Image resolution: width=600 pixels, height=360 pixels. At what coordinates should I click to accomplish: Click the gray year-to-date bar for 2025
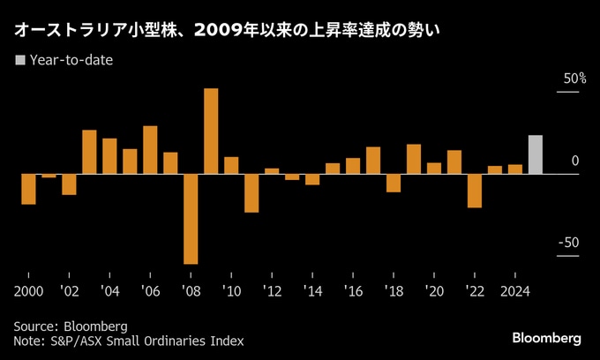pos(535,154)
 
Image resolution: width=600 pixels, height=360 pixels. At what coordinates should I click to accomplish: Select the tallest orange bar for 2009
pos(211,131)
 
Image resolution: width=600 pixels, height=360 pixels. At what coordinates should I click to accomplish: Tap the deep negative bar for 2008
pos(191,218)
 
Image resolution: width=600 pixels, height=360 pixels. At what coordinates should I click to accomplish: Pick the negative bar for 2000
pos(28,189)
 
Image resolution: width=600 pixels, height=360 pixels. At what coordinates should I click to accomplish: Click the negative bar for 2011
pos(251,192)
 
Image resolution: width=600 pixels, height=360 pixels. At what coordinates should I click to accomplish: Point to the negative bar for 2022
pos(475,191)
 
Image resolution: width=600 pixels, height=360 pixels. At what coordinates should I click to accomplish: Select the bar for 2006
pos(150,150)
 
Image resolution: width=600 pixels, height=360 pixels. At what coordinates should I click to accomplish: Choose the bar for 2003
pos(89,152)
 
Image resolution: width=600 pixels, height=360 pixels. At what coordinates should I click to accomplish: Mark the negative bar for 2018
pos(394,183)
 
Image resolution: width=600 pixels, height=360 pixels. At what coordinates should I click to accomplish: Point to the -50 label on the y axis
pos(570,244)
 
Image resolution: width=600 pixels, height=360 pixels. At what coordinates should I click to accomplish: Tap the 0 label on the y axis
pos(575,161)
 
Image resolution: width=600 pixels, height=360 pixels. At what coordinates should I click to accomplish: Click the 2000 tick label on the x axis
pos(28,290)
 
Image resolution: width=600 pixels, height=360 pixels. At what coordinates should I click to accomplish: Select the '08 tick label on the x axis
pos(191,290)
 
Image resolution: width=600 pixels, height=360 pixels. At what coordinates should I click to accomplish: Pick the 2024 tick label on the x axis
pos(515,290)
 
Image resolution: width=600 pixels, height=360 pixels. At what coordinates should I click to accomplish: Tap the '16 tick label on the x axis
pos(353,290)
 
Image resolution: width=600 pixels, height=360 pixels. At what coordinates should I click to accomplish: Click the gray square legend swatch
pos(20,61)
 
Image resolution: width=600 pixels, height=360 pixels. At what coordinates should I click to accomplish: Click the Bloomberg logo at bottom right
pos(547,338)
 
